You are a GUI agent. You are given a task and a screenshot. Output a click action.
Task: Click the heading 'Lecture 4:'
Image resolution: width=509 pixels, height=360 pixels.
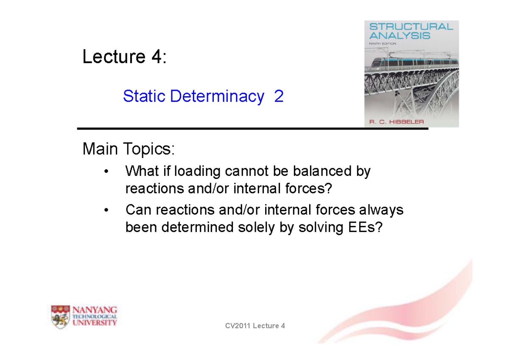pos(124,57)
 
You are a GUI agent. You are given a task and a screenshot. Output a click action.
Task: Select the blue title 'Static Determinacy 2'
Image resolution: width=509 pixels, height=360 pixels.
pos(203,97)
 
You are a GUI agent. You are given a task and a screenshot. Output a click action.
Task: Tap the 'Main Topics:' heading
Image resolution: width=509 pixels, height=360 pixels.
pos(129,149)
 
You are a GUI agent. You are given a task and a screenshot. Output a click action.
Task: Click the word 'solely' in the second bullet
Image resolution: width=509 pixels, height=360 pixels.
pos(274,228)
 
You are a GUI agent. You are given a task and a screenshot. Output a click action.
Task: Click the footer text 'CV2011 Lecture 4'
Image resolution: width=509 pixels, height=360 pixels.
pos(255,326)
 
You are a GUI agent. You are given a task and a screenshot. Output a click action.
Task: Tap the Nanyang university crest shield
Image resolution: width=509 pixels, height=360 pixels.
pos(61,316)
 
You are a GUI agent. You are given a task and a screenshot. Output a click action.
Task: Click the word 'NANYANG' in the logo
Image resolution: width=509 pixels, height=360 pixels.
pos(96,310)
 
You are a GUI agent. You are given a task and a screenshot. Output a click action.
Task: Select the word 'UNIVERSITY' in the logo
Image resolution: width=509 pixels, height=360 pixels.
pos(96,323)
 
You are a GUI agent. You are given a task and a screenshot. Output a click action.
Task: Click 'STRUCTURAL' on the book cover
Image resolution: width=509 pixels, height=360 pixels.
pos(411,27)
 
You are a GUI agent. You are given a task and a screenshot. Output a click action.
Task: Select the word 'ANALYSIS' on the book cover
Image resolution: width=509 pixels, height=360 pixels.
pos(399,36)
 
